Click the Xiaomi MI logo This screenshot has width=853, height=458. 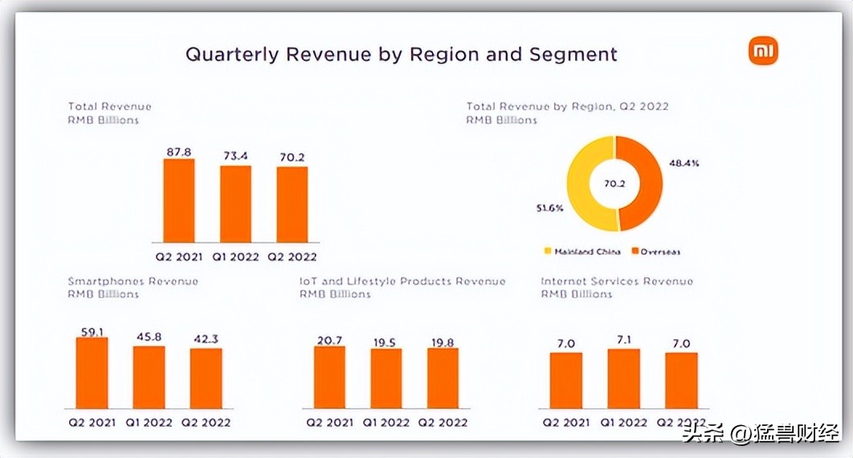(763, 52)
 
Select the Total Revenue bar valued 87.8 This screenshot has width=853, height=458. (178, 200)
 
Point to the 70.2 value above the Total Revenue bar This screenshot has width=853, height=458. (292, 157)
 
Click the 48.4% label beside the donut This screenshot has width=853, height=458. (684, 163)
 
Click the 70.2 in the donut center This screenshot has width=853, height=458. (614, 183)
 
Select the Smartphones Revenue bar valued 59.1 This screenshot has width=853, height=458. (92, 373)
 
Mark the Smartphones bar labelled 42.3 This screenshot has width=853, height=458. (206, 378)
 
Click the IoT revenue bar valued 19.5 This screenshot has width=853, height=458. (386, 378)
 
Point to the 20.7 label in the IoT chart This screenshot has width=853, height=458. (329, 340)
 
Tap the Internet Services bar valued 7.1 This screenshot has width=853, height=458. (623, 378)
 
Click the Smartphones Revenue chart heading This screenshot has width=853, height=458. (133, 281)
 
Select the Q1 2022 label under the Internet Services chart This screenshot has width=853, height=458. (623, 422)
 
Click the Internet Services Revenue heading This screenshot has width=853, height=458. (616, 281)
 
